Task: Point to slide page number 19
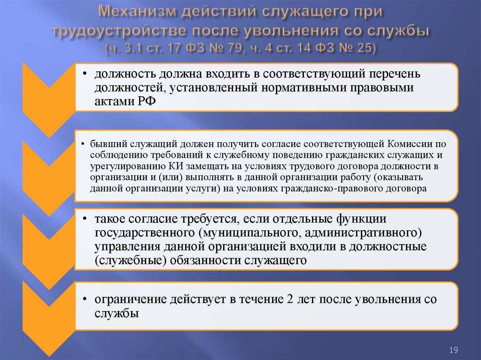(x=454, y=350)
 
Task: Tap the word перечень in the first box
(x=394, y=74)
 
